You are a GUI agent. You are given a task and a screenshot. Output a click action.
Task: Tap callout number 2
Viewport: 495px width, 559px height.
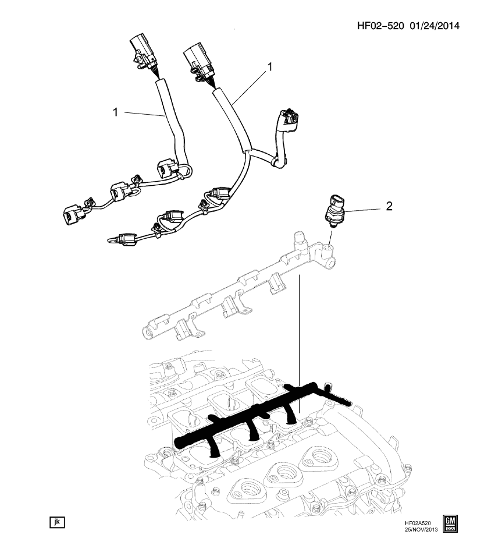point(389,206)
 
